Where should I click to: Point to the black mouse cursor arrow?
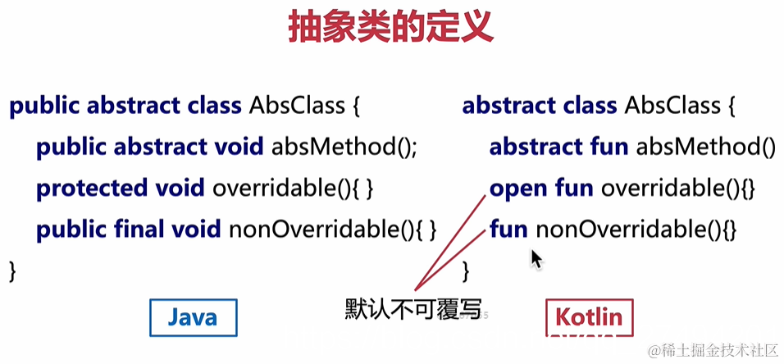click(536, 259)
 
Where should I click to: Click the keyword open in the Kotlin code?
click(517, 189)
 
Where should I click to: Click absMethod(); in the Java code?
click(344, 148)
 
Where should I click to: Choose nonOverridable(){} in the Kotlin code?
click(636, 229)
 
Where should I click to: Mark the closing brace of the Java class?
click(12, 270)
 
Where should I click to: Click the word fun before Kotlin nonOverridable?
click(508, 229)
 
